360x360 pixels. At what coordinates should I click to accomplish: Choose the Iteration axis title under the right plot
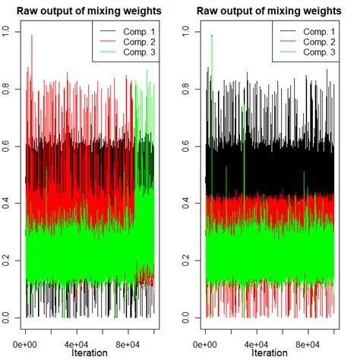(269, 353)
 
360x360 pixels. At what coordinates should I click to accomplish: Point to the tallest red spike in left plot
(32, 36)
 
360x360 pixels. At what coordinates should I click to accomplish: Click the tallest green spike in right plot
(212, 36)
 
